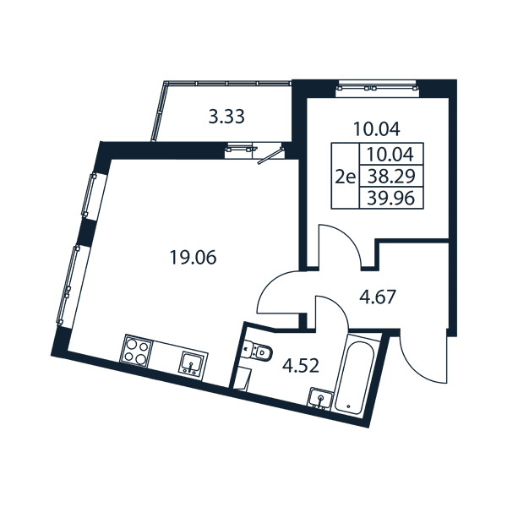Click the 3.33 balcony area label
226,117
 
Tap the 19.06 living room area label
193,258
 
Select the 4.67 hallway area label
378,297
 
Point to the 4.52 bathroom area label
300,366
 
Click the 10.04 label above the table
377,129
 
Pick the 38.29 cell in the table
391,176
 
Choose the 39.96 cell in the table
391,198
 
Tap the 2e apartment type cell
346,177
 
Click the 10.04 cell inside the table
391,154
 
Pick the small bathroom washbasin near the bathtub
320,398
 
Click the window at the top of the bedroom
377,88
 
